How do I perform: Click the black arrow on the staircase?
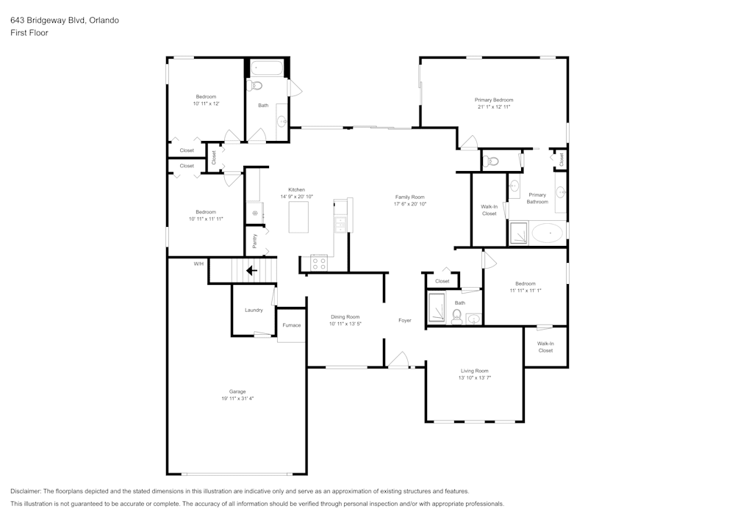251,270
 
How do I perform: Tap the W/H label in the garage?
198,264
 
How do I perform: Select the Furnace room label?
292,325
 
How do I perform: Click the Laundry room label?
254,310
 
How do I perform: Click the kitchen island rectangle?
298,218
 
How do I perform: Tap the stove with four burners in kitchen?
319,261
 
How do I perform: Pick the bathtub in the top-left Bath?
267,69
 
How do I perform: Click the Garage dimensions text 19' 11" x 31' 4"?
237,399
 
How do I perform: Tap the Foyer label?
405,320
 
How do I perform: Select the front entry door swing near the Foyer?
399,359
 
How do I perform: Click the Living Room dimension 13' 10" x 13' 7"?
474,377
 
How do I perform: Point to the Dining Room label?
345,316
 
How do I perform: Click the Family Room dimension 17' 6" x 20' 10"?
409,204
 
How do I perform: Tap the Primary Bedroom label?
493,100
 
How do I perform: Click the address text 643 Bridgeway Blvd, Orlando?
65,21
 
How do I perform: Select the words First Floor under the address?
29,33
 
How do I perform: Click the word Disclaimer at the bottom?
26,491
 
